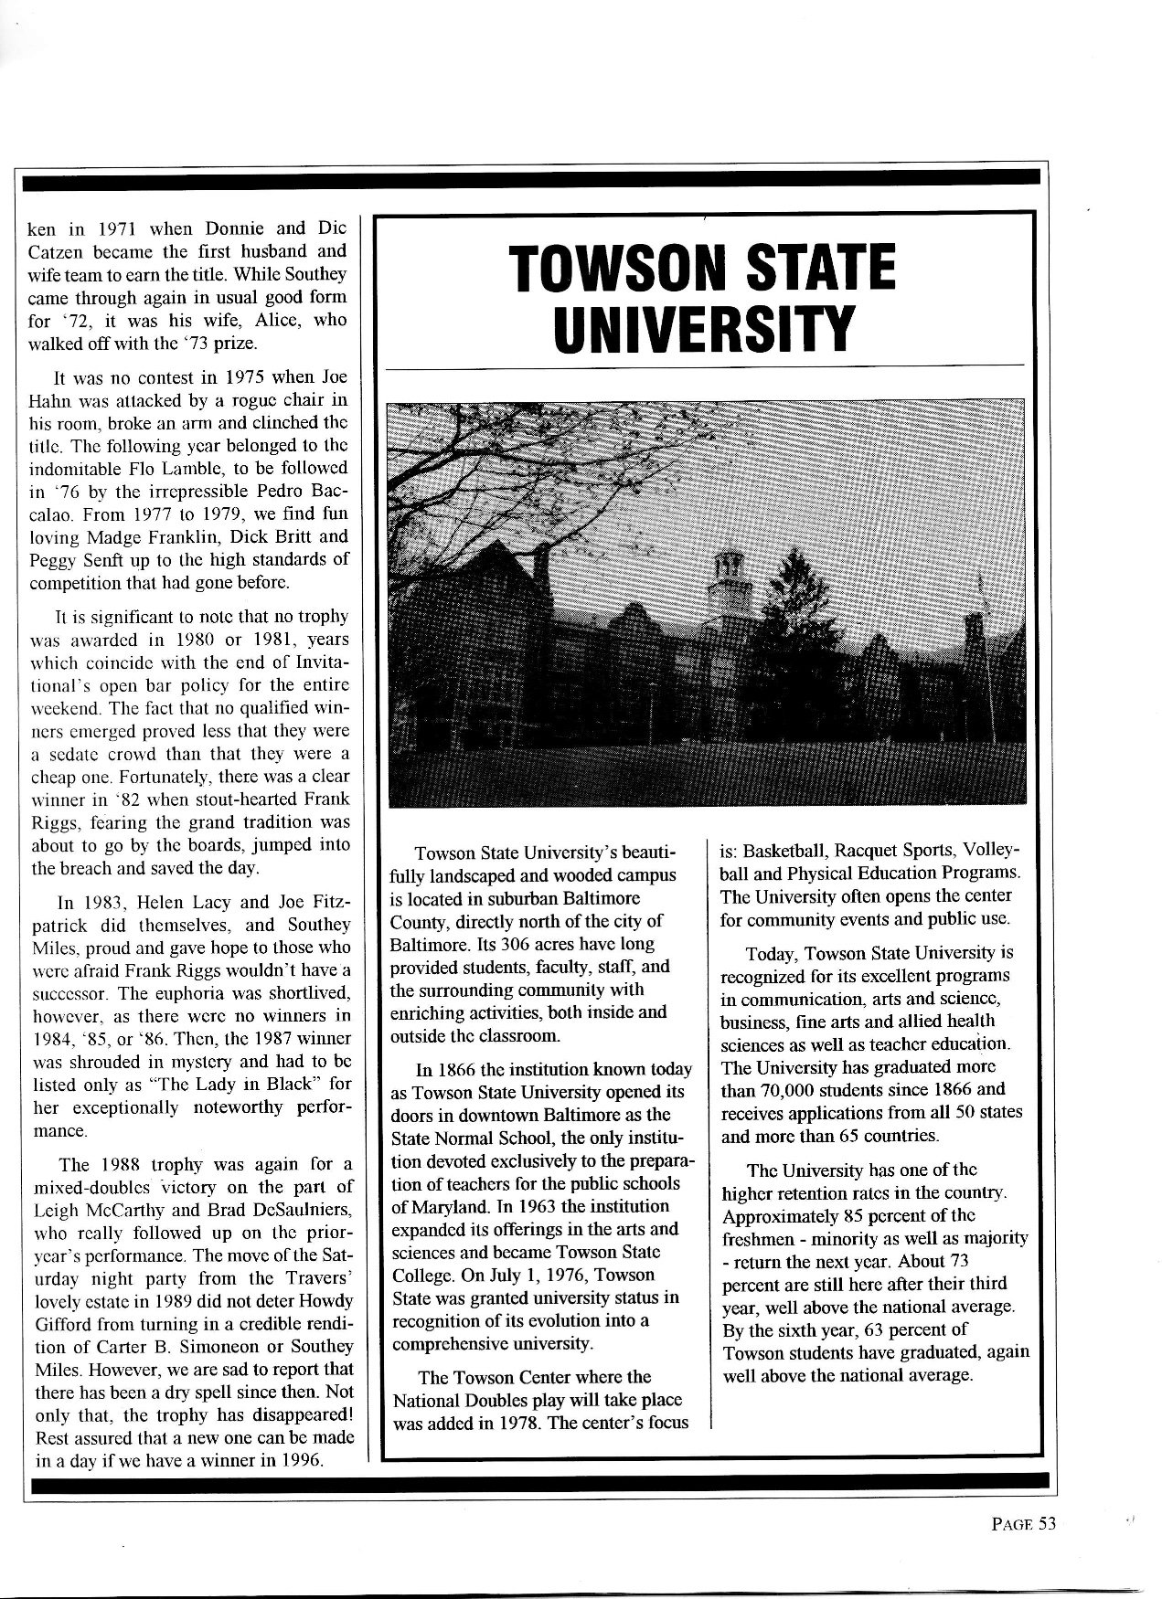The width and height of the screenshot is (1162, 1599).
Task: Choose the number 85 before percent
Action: pos(852,1216)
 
